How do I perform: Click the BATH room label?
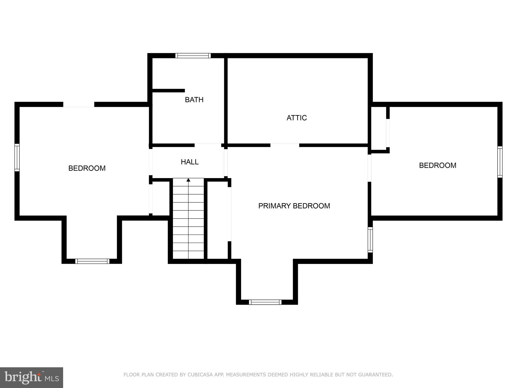click(194, 100)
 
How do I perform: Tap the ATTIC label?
click(297, 118)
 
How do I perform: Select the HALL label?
click(190, 162)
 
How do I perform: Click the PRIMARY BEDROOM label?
click(294, 206)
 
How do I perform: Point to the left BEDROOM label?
click(87, 168)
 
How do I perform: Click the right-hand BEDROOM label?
click(437, 165)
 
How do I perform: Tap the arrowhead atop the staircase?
click(188, 180)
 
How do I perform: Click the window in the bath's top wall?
click(193, 56)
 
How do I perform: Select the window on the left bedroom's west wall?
click(17, 158)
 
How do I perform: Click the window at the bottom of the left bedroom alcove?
click(92, 261)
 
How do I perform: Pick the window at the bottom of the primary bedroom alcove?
click(265, 302)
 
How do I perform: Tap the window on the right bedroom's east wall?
click(500, 162)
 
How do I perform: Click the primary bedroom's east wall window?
click(370, 240)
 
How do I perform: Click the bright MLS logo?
click(32, 377)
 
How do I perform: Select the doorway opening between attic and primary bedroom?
click(285, 145)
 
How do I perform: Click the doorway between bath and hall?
click(208, 145)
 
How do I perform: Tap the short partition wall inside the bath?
click(168, 91)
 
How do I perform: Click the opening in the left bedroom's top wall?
click(79, 104)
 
